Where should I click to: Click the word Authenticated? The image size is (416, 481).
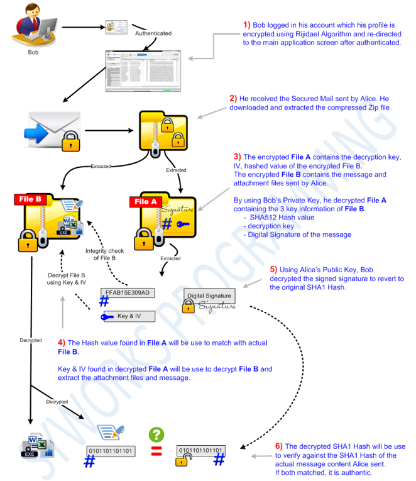pyautogui.click(x=153, y=32)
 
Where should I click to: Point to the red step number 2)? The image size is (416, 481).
pyautogui.click(x=233, y=98)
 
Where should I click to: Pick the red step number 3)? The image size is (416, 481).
pyautogui.click(x=237, y=157)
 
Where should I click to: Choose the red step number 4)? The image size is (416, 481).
pyautogui.click(x=62, y=342)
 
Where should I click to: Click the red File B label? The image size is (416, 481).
pyautogui.click(x=30, y=199)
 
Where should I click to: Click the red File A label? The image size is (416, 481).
pyautogui.click(x=145, y=202)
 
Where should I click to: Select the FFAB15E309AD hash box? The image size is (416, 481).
pyautogui.click(x=128, y=293)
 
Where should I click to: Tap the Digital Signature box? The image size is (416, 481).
pyautogui.click(x=209, y=296)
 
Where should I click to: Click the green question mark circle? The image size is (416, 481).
pyautogui.click(x=156, y=434)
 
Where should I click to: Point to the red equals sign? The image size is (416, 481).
pyautogui.click(x=156, y=451)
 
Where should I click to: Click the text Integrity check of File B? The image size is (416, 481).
pyautogui.click(x=105, y=255)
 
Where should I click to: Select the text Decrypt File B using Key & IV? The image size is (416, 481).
pyautogui.click(x=66, y=279)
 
